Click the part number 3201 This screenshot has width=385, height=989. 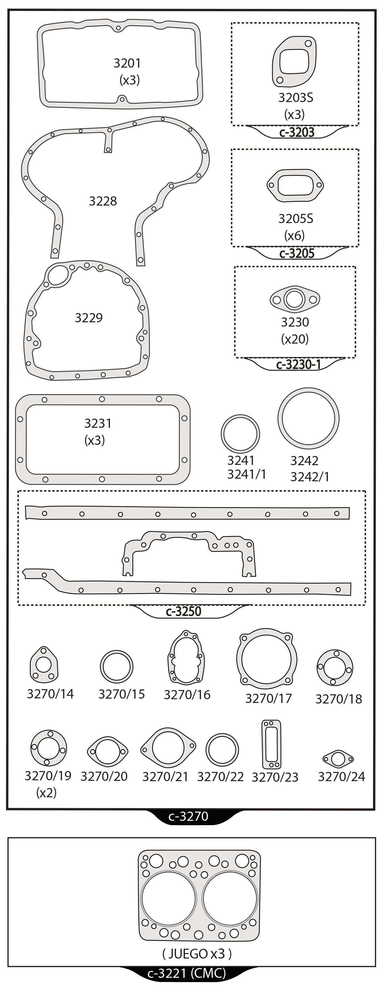[127, 63]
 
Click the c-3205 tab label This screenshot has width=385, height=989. [297, 253]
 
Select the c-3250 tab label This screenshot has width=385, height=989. [183, 611]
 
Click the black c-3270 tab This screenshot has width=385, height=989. [188, 816]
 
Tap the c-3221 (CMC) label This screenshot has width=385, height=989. [187, 973]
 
